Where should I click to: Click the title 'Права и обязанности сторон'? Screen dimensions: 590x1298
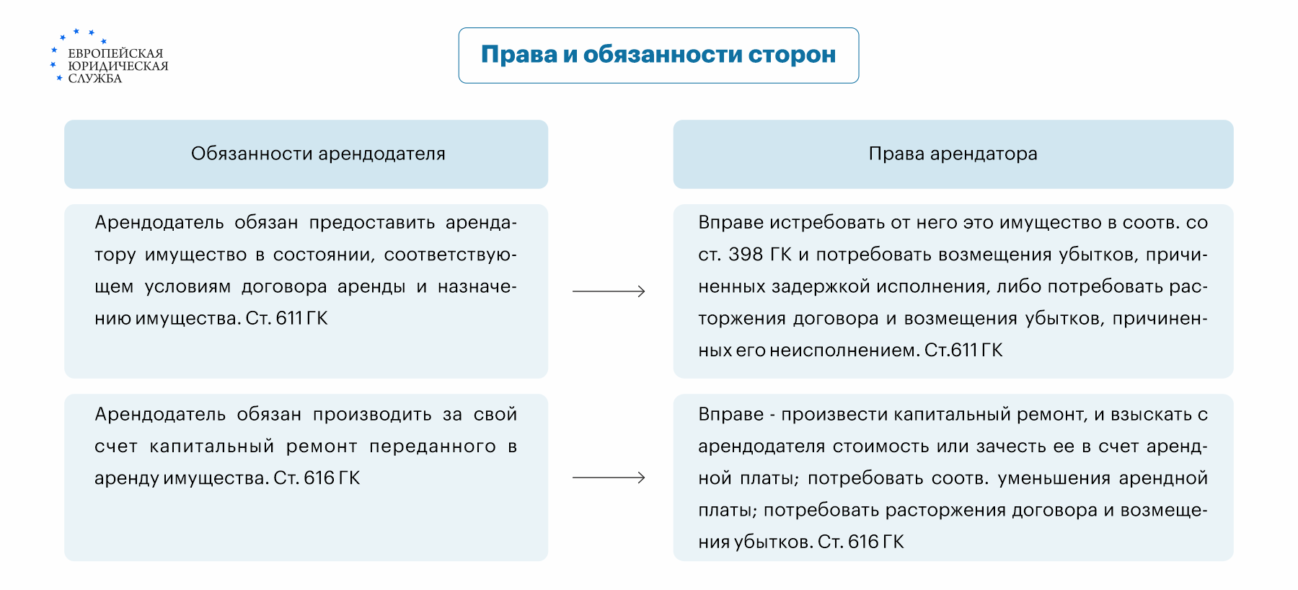(658, 55)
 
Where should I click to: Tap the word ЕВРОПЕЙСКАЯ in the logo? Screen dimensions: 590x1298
(115, 53)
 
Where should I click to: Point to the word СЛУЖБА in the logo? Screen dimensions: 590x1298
(94, 79)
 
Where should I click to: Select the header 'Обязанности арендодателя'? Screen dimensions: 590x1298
(318, 154)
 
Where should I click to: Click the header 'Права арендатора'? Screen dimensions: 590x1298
(953, 154)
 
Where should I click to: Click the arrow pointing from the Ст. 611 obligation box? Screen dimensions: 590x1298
(609, 291)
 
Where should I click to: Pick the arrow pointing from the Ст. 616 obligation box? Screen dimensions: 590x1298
(609, 477)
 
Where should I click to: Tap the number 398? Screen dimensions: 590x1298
(746, 255)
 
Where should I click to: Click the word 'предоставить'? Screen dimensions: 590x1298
(372, 223)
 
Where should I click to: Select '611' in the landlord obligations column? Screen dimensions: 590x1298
(289, 318)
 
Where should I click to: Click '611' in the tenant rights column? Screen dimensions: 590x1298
(964, 351)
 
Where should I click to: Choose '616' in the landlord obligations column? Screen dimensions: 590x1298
(319, 478)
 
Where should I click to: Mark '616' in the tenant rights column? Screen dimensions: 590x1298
(863, 542)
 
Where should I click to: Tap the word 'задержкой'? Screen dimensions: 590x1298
(821, 286)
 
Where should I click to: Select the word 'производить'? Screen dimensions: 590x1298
(372, 415)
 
